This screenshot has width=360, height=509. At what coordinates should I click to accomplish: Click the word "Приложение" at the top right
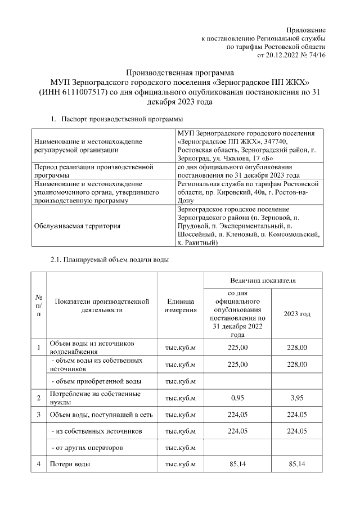click(x=306, y=29)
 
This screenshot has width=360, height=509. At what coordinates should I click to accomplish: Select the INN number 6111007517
click(x=87, y=93)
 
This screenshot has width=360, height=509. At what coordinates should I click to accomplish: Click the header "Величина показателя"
click(x=263, y=280)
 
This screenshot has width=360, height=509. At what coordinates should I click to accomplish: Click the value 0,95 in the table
click(x=236, y=398)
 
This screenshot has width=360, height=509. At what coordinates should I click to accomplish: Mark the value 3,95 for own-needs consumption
click(x=296, y=398)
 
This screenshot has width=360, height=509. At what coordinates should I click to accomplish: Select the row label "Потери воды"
click(x=70, y=465)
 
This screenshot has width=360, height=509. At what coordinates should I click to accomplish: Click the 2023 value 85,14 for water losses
click(x=296, y=465)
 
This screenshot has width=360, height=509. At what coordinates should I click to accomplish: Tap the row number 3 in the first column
click(x=38, y=415)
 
